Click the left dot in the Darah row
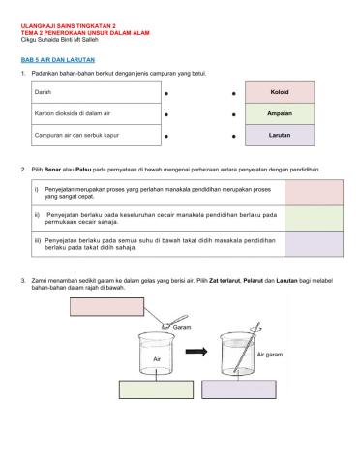(x=167, y=93)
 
